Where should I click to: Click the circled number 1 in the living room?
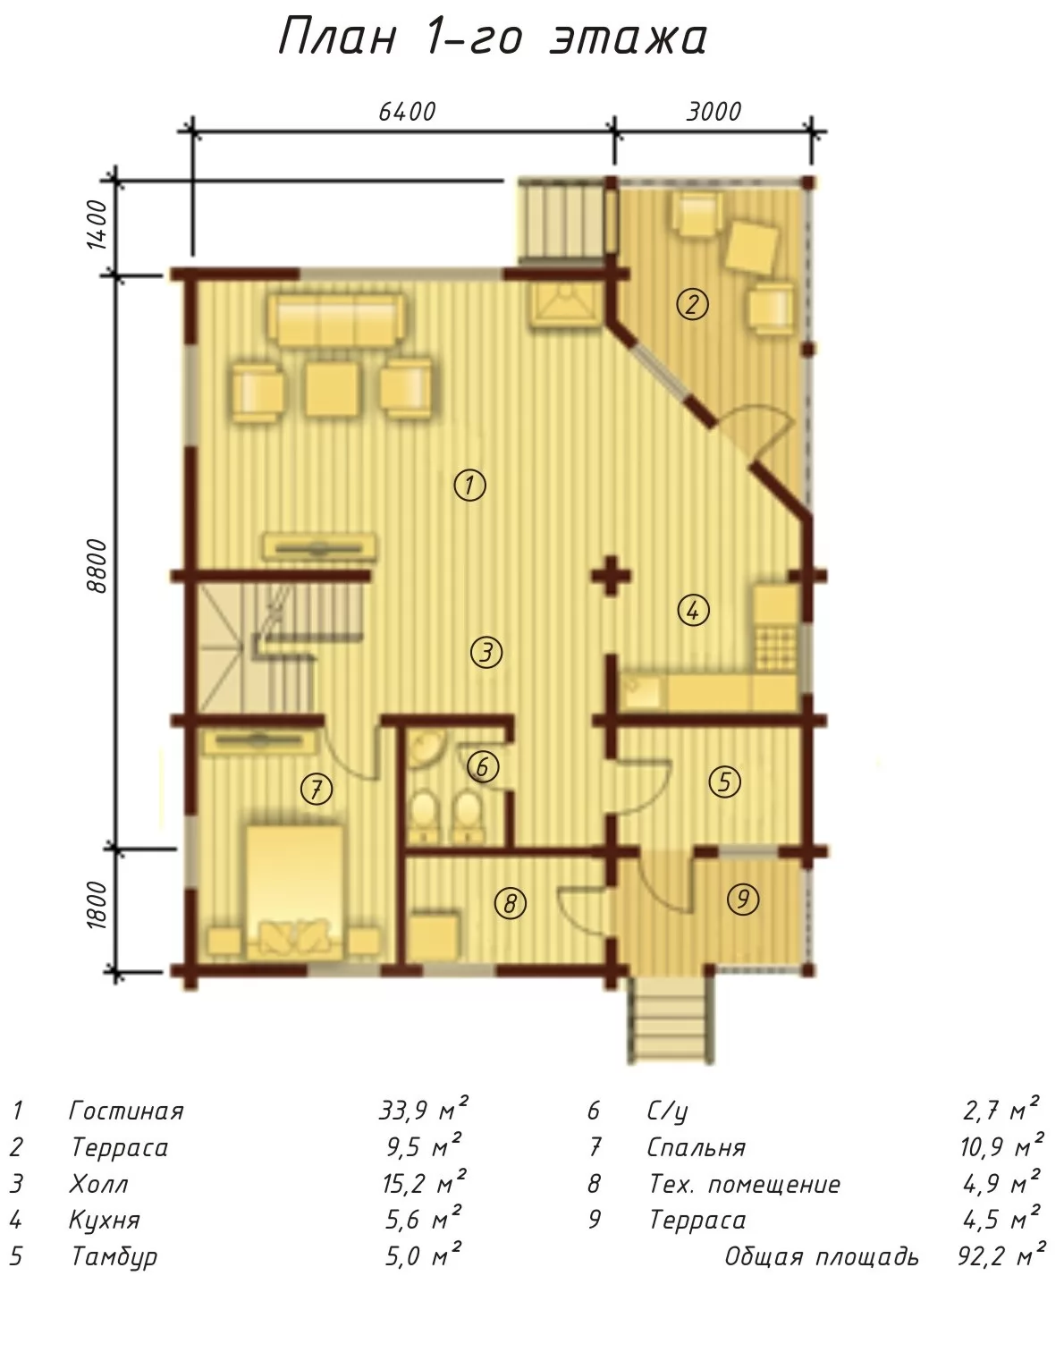(470, 485)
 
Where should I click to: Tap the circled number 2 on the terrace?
(692, 304)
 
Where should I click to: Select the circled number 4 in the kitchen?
(693, 610)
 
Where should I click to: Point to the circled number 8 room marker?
(511, 903)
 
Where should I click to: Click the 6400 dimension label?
(407, 112)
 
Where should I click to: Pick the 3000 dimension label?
(714, 112)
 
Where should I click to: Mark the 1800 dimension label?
(98, 905)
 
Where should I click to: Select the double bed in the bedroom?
(295, 892)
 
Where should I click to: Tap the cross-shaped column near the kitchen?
(611, 575)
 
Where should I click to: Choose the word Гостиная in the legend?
(126, 1111)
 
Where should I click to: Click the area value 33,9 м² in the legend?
(424, 1109)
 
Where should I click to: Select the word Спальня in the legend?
(697, 1148)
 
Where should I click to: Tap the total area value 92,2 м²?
(1001, 1255)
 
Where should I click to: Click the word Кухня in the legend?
(105, 1220)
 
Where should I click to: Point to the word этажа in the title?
(629, 38)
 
